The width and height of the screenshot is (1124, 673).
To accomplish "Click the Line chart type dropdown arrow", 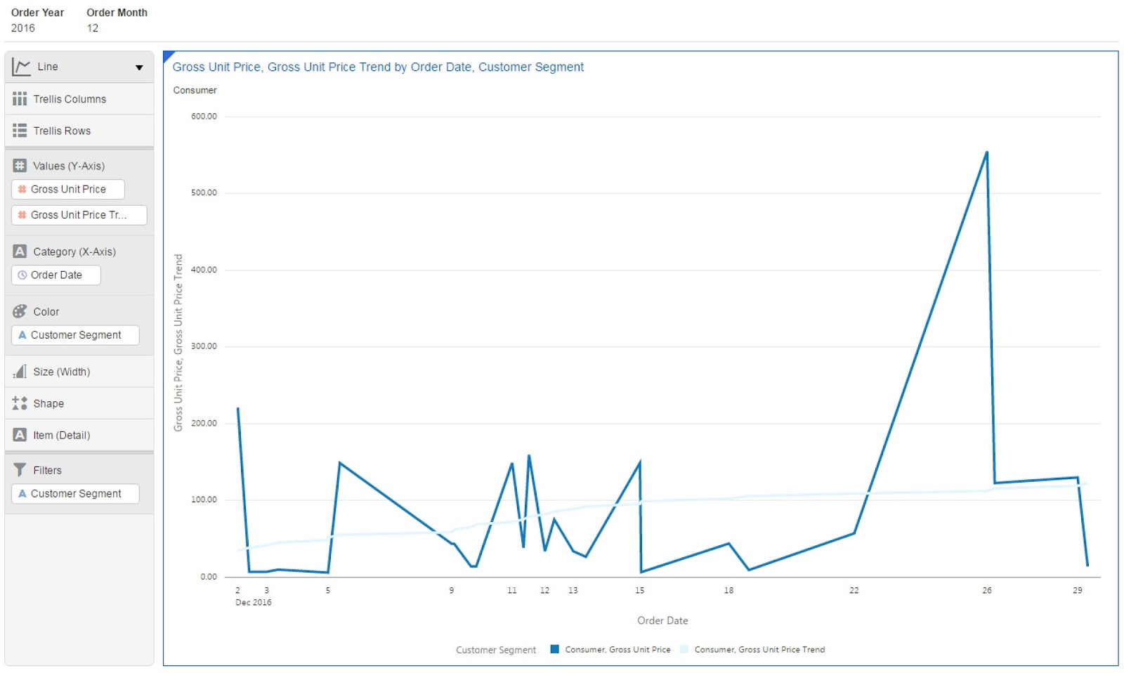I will [139, 67].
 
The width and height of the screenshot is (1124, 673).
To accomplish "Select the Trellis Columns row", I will [70, 99].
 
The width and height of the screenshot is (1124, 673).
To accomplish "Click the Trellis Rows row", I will [62, 131].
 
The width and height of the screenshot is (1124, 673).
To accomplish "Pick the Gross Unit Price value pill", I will [68, 189].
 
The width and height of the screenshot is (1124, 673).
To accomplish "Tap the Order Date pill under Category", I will [56, 275].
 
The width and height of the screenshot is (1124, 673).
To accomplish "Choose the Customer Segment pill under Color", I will [76, 335].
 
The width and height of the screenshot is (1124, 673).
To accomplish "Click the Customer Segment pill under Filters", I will [76, 494].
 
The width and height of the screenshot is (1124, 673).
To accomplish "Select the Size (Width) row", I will [62, 372].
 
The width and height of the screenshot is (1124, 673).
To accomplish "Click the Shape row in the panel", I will [48, 403].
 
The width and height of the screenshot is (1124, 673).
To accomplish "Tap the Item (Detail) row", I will [62, 435].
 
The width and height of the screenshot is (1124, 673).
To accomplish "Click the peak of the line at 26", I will [986, 152].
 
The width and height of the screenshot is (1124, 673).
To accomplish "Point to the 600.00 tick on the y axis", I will [204, 117].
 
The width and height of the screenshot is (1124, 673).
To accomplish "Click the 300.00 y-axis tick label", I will [204, 346].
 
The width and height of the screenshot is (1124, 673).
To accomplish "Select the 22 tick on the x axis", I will [854, 590].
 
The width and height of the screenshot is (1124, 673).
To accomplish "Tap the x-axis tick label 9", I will [451, 590].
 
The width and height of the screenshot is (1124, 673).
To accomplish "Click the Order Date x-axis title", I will [662, 620].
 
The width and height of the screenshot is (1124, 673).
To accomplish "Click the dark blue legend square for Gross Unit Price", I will [554, 649].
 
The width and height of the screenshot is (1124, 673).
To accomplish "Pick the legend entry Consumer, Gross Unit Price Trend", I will [759, 649].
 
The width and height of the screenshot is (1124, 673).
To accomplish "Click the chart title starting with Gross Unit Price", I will [378, 67].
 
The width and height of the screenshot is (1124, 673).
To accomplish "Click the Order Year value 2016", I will [23, 28].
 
